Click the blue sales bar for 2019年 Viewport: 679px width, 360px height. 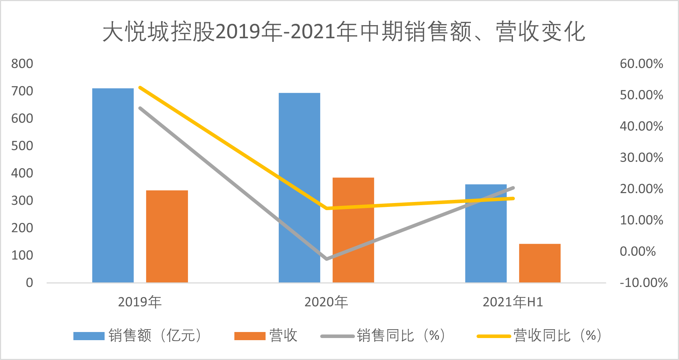click(x=113, y=185)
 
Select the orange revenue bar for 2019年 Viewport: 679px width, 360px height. click(x=167, y=236)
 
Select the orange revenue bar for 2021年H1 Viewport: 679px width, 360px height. click(x=540, y=263)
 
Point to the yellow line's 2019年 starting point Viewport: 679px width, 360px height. click(x=140, y=87)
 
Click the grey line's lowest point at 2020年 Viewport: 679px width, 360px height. click(x=327, y=259)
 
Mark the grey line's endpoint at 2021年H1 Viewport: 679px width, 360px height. click(x=513, y=188)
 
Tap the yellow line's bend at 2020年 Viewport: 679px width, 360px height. click(x=327, y=208)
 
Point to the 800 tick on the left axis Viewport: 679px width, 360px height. click(x=22, y=64)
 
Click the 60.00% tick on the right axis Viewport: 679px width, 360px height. click(x=641, y=64)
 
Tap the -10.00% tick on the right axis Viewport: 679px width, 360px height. click(x=643, y=282)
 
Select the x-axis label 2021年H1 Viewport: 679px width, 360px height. click(x=513, y=302)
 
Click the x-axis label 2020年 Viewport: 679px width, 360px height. click(x=326, y=302)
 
